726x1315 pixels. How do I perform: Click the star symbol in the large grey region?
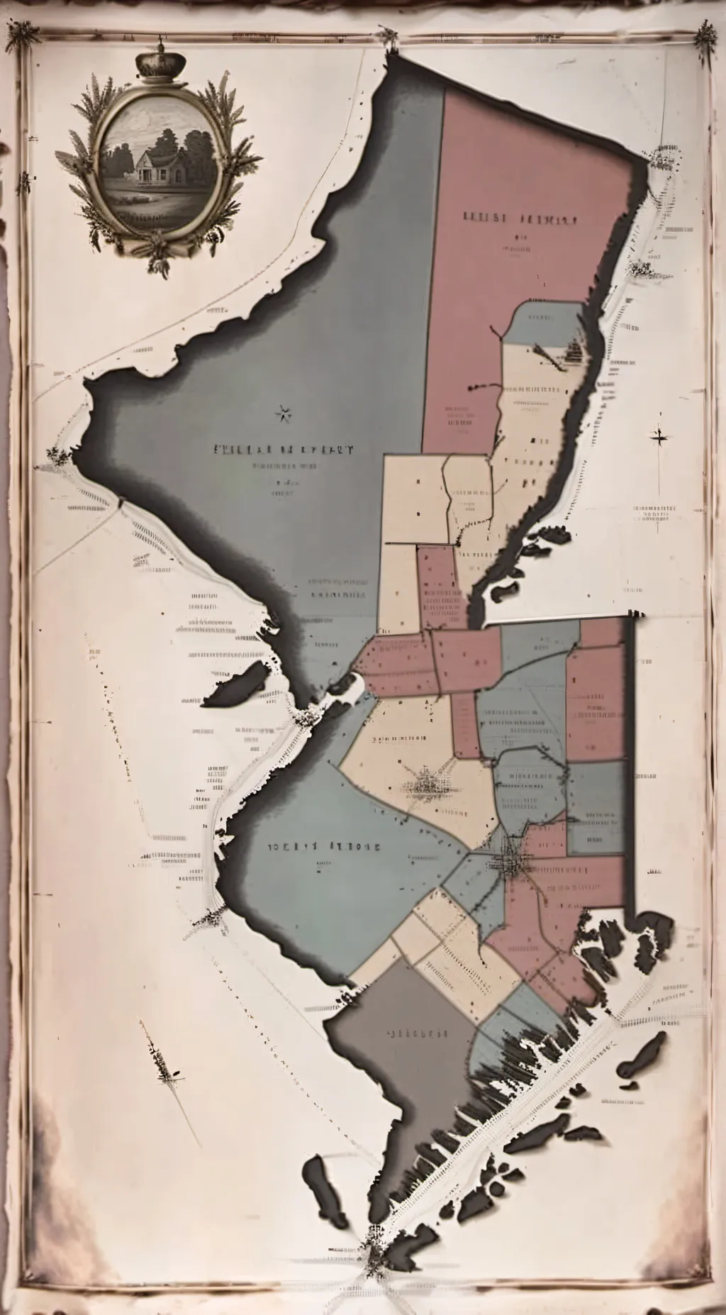click(x=284, y=414)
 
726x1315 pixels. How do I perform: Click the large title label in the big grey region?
click(x=284, y=449)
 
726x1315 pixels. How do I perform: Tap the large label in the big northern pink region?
click(x=520, y=218)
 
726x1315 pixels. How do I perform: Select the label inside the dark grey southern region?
click(x=418, y=1033)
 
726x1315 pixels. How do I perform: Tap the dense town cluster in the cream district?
click(x=428, y=784)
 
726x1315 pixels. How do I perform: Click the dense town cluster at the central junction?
click(x=512, y=860)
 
